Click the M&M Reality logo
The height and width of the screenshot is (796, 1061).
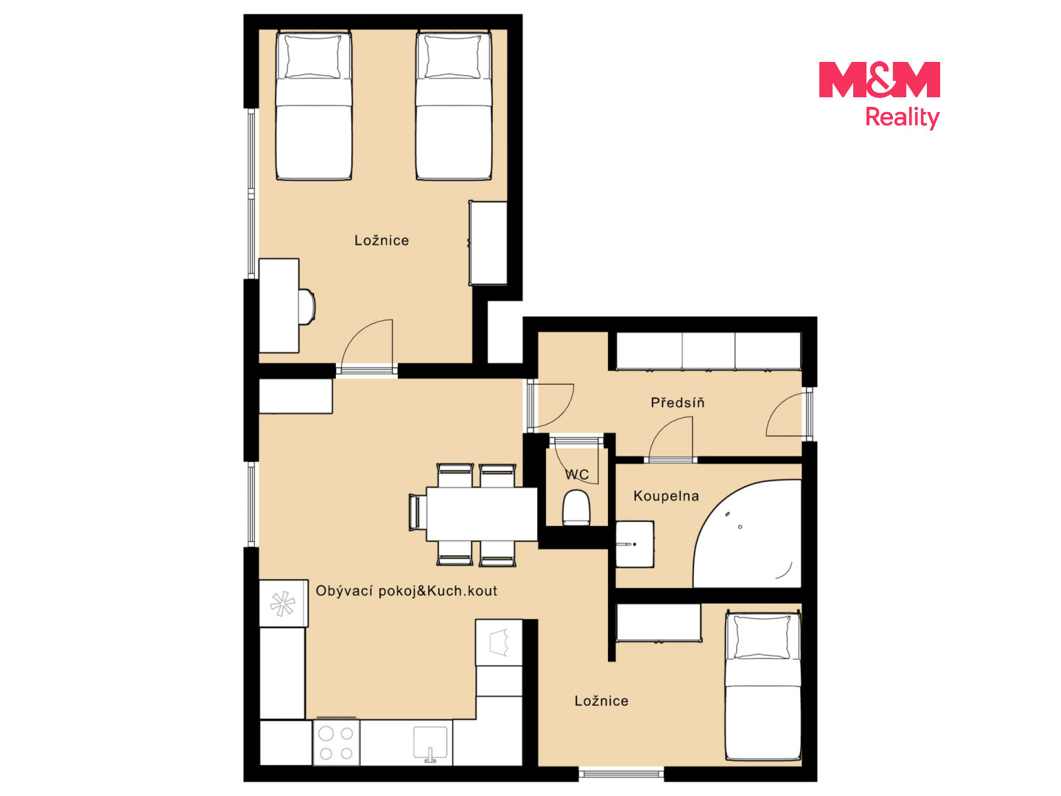click(x=879, y=95)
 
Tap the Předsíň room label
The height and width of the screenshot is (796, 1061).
click(x=677, y=402)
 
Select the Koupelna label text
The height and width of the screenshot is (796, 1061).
click(x=666, y=496)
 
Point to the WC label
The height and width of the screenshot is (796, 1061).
click(x=577, y=475)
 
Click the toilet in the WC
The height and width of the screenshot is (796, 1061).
click(x=576, y=508)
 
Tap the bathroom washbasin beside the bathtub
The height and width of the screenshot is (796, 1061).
click(x=634, y=544)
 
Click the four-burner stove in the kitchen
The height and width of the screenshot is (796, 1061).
click(x=337, y=743)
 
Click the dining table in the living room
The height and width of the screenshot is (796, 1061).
click(x=481, y=514)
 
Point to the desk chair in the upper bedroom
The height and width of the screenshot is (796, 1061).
click(x=307, y=307)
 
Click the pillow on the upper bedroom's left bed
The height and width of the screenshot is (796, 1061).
click(x=312, y=57)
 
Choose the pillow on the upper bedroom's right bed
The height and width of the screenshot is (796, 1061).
click(x=453, y=57)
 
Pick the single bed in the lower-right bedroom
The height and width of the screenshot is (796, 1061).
click(x=763, y=686)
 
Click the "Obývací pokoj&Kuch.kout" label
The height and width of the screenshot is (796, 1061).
click(x=406, y=590)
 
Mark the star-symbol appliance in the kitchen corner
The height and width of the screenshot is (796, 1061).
click(x=283, y=604)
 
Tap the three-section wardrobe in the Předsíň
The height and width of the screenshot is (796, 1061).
click(x=709, y=352)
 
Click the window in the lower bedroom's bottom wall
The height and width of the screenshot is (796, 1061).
click(x=621, y=774)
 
